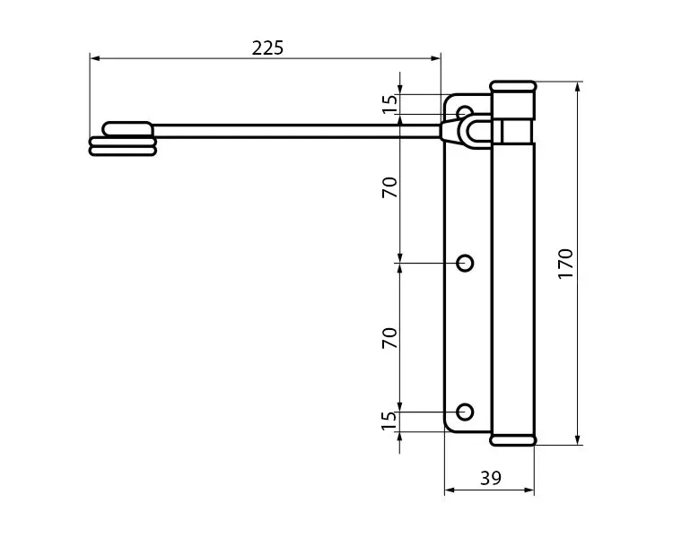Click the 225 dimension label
pyautogui.click(x=267, y=48)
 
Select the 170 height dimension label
pyautogui.click(x=565, y=264)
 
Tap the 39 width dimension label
pyautogui.click(x=491, y=478)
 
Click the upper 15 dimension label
pyautogui.click(x=389, y=104)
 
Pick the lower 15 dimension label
pyautogui.click(x=389, y=421)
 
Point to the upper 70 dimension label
pyautogui.click(x=389, y=187)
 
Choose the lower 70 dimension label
pyautogui.click(x=389, y=338)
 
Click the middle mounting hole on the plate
pyautogui.click(x=465, y=263)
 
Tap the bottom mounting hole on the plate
pyautogui.click(x=465, y=412)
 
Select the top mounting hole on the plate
pyautogui.click(x=465, y=112)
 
